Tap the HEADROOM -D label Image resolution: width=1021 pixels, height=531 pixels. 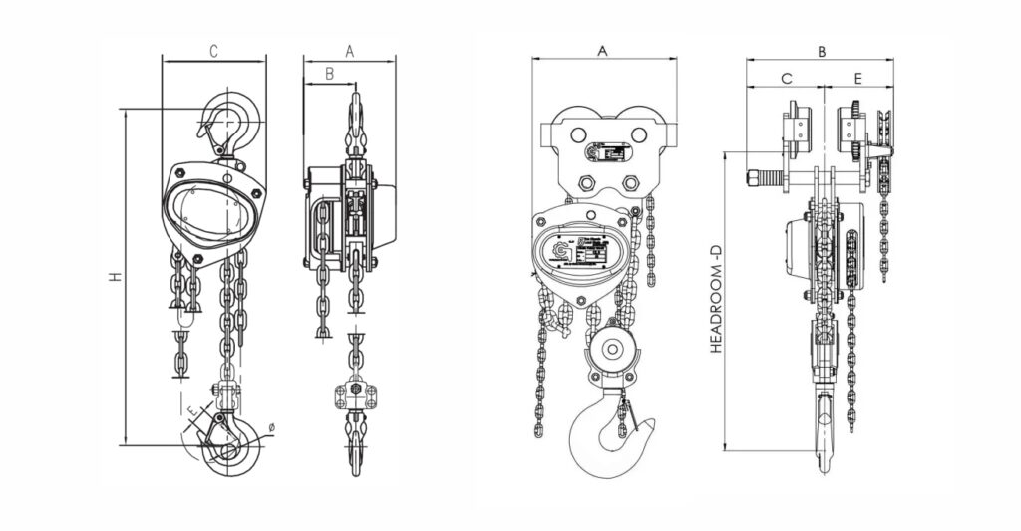(x=715, y=300)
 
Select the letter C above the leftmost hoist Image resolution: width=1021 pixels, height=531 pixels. (x=213, y=49)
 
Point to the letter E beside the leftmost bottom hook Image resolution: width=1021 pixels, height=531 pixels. (x=188, y=408)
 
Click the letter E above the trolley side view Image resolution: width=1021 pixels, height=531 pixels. (x=857, y=77)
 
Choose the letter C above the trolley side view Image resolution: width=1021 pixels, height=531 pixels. (x=786, y=77)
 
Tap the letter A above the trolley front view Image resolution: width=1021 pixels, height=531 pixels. (x=602, y=49)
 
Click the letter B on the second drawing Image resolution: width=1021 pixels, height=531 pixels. (x=328, y=73)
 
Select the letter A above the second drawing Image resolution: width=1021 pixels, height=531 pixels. (x=349, y=49)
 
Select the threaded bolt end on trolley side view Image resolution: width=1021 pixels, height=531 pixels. (x=762, y=178)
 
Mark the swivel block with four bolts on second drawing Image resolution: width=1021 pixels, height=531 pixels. (x=355, y=393)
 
